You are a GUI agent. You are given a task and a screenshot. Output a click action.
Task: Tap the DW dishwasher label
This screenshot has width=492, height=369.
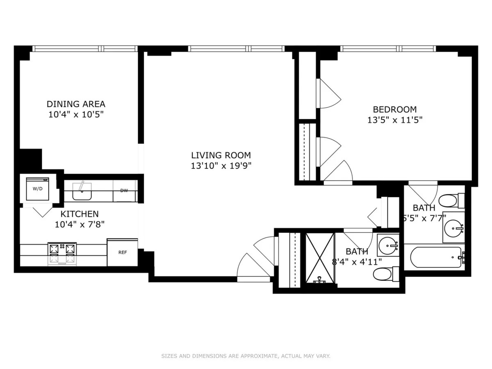tap(124, 191)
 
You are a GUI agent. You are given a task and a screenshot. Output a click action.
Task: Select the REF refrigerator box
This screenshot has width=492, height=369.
tap(122, 252)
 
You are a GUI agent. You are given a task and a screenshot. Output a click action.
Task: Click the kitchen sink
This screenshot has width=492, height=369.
tap(82, 191)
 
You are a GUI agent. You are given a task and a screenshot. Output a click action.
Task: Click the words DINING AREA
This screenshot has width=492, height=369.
tap(76, 104)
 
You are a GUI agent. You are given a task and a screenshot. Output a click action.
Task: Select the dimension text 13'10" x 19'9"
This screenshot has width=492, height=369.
tap(221, 166)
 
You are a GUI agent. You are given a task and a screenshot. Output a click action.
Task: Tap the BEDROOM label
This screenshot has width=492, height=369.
tap(394, 109)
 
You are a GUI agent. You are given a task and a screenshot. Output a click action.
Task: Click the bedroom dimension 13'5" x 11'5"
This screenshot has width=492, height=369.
tap(394, 120)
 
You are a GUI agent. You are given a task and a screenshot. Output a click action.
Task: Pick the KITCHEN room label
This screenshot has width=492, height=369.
tap(80, 214)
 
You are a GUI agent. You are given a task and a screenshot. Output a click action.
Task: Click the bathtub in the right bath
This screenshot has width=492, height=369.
tap(437, 257)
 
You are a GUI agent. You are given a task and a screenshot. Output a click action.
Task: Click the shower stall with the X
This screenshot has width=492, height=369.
tap(320, 258)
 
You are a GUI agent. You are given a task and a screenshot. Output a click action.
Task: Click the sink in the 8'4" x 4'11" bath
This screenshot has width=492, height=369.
tap(387, 246)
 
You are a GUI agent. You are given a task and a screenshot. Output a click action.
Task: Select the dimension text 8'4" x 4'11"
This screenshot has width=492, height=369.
tap(357, 262)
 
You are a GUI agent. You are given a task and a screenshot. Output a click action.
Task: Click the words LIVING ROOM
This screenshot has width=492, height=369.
tap(221, 155)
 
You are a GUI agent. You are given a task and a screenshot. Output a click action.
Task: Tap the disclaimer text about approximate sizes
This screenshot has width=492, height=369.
tap(246, 356)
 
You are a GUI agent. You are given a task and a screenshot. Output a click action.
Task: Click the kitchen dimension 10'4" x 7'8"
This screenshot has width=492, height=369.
tap(80, 224)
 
